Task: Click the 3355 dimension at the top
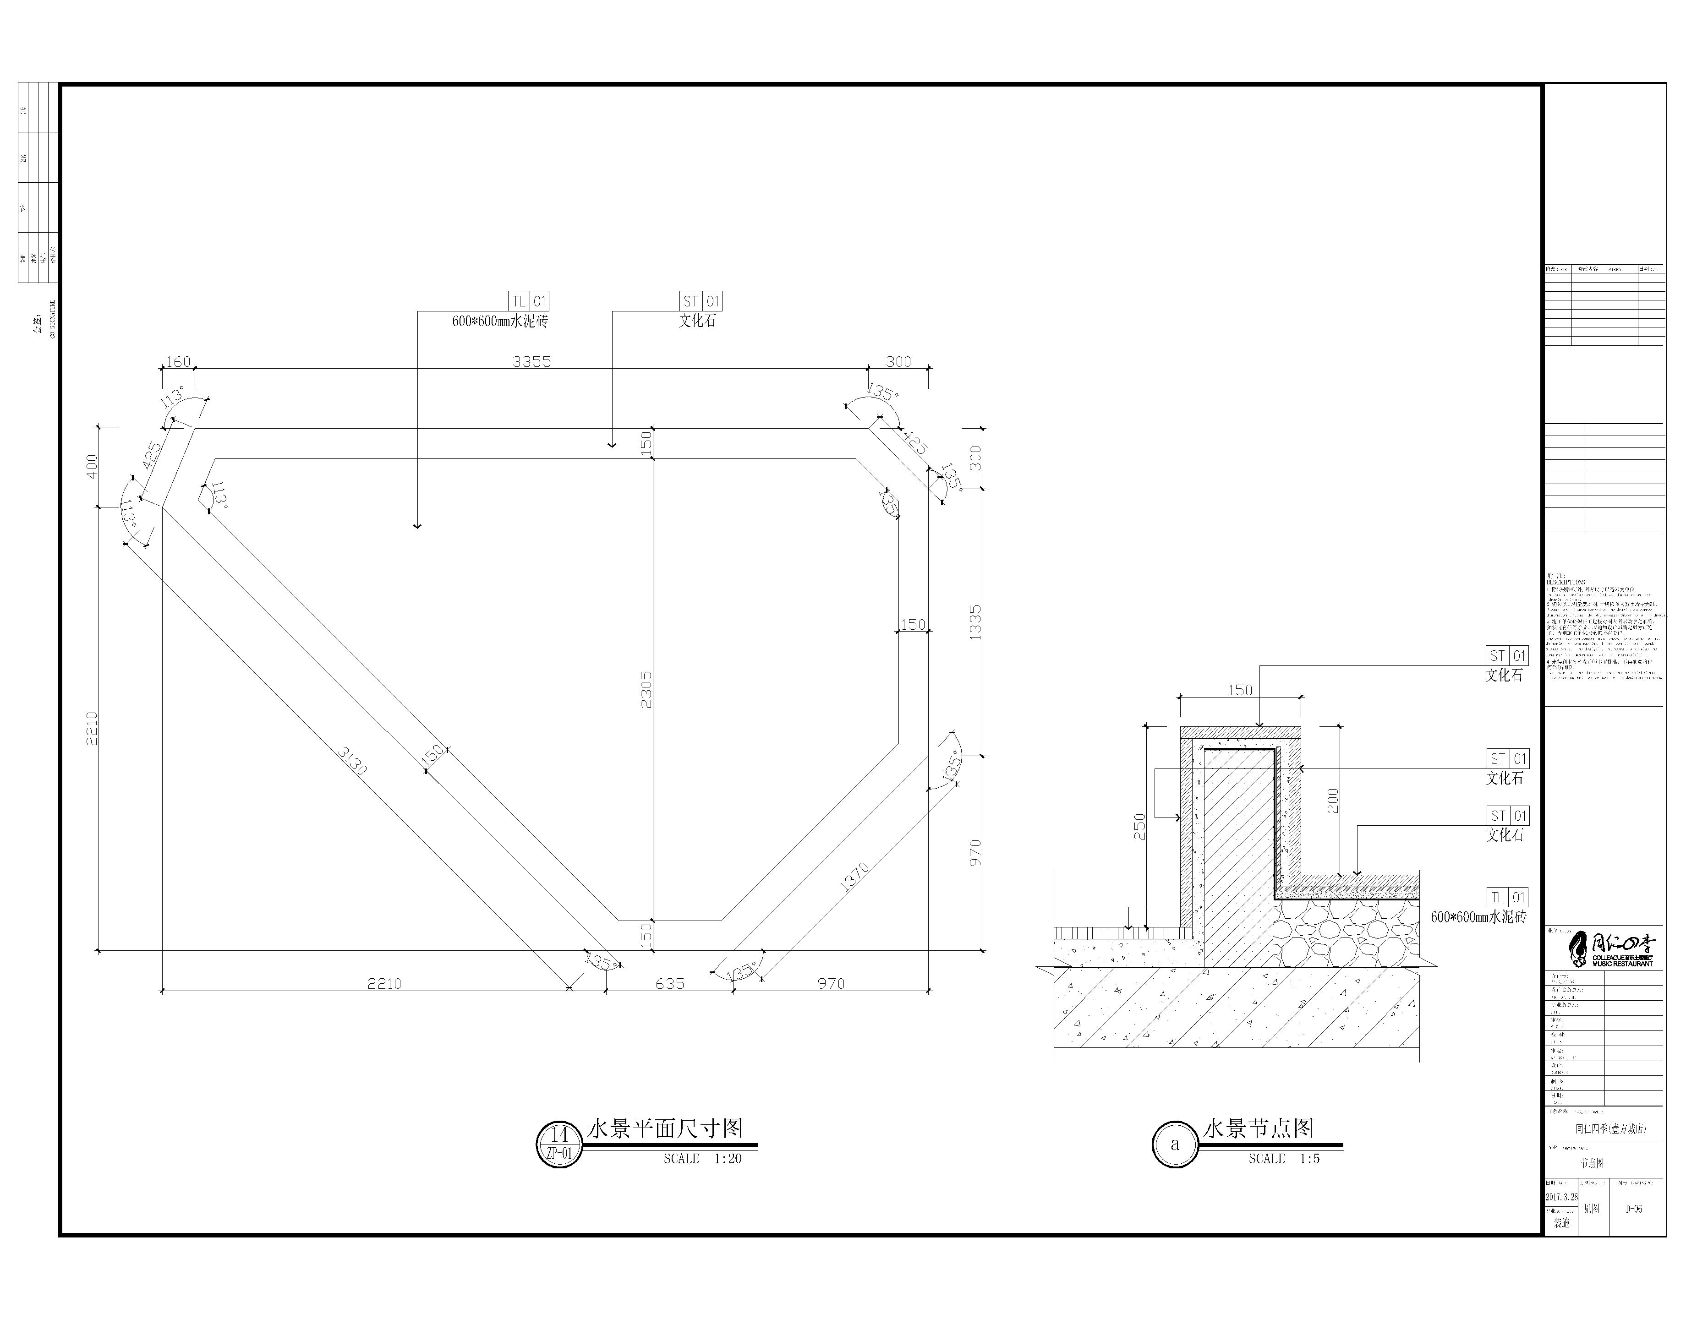(x=531, y=361)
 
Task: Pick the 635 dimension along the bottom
(x=670, y=984)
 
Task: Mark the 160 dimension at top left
(x=178, y=361)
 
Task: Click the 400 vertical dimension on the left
(x=92, y=466)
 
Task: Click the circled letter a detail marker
(x=1175, y=1145)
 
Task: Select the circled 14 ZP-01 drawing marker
(x=559, y=1145)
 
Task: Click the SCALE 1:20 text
(x=702, y=1158)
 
